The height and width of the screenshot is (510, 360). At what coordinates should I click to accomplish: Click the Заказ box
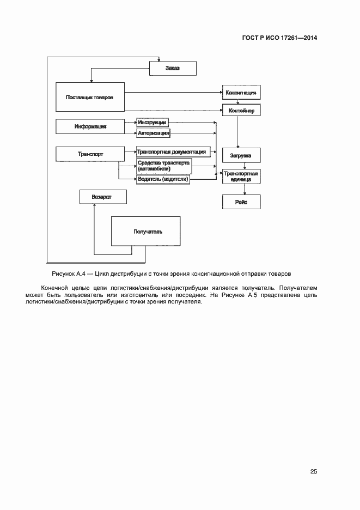coord(172,68)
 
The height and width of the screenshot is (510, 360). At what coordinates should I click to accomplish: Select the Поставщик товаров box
coord(90,97)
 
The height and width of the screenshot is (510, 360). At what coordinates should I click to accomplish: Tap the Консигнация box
coord(241,93)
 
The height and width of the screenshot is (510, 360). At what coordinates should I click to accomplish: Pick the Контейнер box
coord(241,110)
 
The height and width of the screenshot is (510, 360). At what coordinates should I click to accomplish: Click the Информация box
coord(90,126)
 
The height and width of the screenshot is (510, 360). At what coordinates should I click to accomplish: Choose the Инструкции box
coord(152,123)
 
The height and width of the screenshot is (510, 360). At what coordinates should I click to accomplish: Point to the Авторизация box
coord(154,132)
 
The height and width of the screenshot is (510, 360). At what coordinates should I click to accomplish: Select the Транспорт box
coord(90,154)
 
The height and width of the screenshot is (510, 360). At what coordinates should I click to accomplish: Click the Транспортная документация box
coord(172,152)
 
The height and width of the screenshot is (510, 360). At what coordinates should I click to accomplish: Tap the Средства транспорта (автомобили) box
coord(164,165)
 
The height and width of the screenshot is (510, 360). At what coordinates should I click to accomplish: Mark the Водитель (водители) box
coord(163,179)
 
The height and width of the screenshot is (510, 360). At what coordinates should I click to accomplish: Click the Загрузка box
coord(241,155)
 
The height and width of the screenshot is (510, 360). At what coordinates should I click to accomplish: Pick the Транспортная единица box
coord(241,176)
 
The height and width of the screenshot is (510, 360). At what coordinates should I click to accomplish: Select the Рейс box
coord(241,202)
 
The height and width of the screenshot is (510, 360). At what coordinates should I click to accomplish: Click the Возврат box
coord(103,197)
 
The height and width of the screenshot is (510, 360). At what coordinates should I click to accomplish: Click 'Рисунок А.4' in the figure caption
coord(67,272)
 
